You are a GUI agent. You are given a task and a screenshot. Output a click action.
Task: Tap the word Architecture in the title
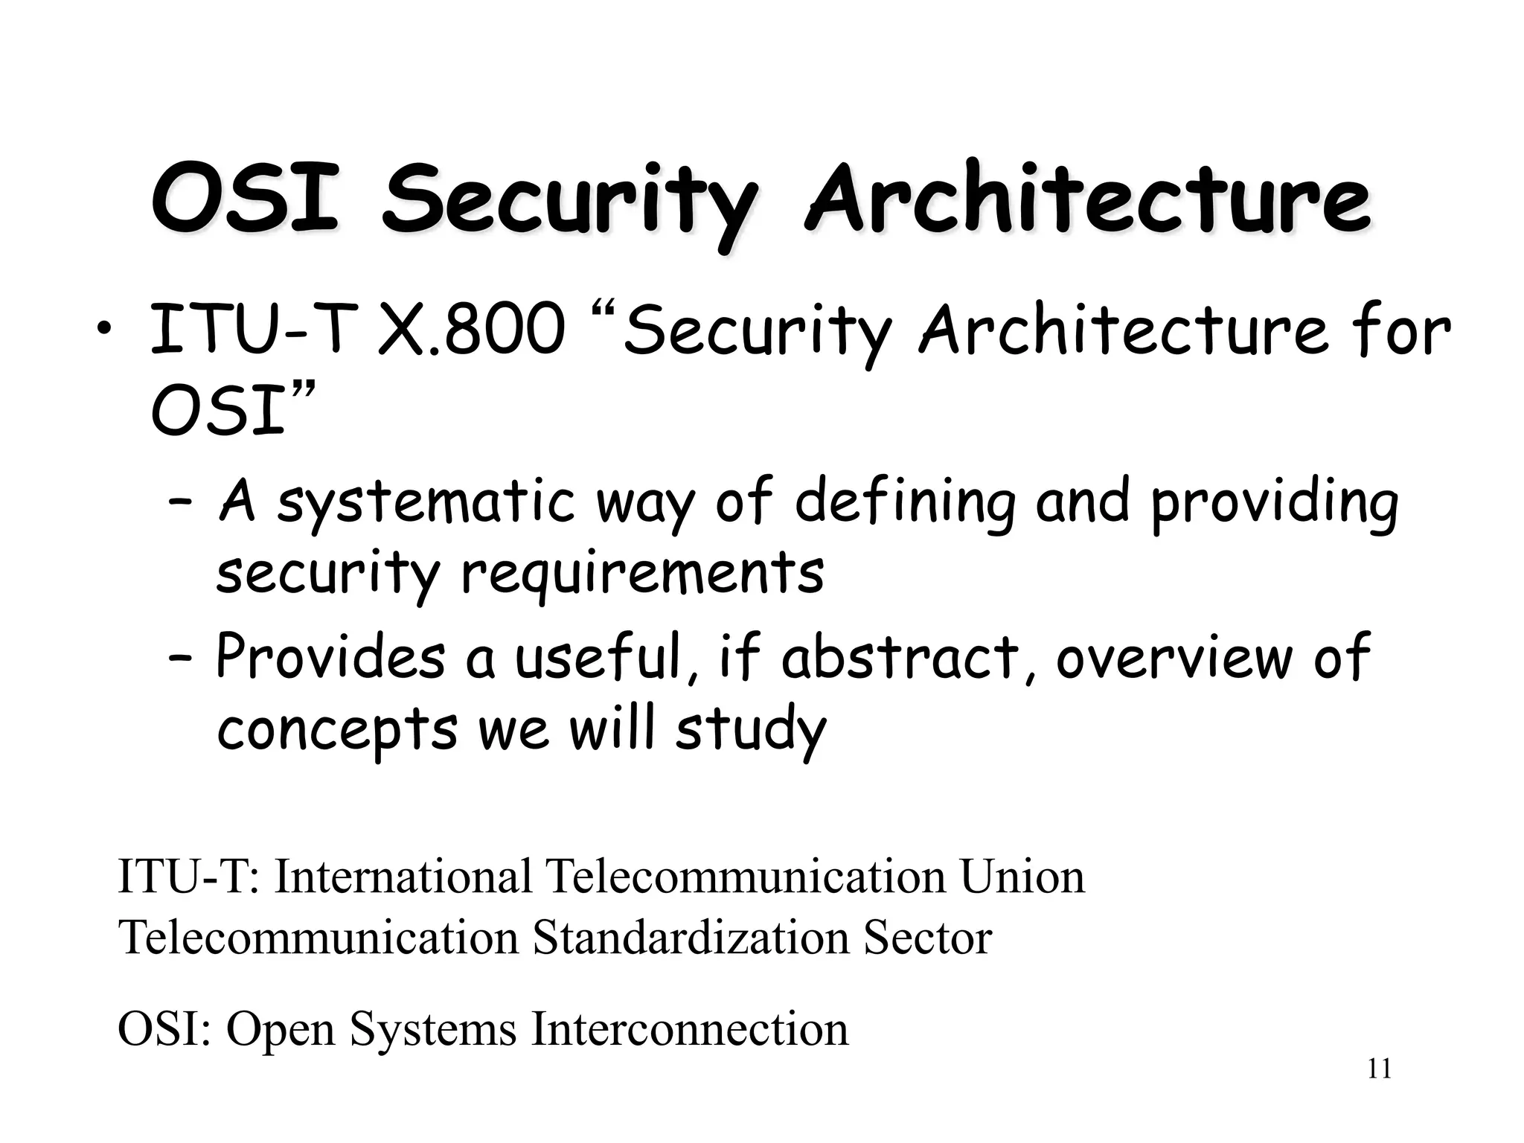click(1087, 198)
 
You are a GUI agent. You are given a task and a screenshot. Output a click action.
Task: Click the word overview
click(1174, 658)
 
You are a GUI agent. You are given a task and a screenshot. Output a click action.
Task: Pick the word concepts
click(337, 730)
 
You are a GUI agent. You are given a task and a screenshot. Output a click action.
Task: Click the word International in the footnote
click(403, 877)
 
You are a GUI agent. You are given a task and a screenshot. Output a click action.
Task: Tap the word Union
click(1022, 877)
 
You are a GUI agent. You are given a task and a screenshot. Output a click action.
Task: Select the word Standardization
click(691, 938)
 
